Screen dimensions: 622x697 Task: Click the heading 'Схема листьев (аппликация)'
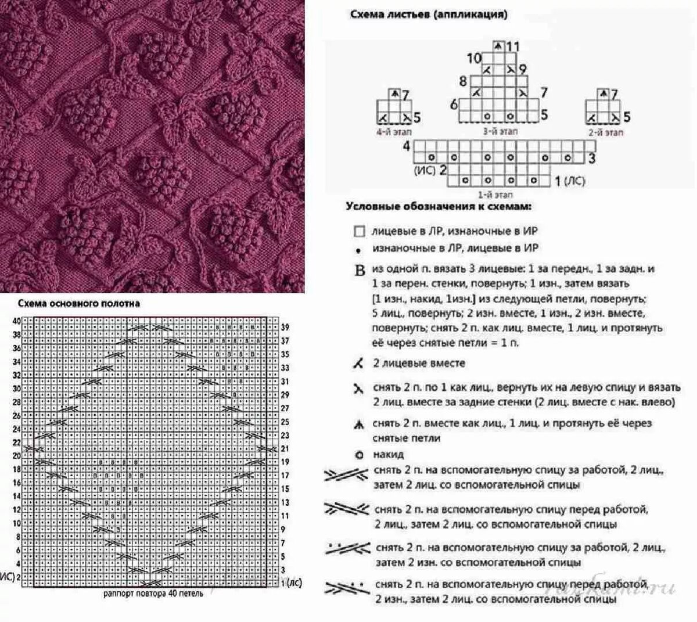(x=428, y=15)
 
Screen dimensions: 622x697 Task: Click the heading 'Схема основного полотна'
(x=78, y=303)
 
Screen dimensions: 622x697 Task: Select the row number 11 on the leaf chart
(x=512, y=46)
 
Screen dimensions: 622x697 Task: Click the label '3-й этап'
(x=500, y=131)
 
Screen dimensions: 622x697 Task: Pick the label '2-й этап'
(x=606, y=132)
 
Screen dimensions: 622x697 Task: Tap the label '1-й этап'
(x=495, y=195)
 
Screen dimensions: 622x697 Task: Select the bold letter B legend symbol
(x=360, y=271)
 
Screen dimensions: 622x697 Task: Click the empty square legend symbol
(x=359, y=232)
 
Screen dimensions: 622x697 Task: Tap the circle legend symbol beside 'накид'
(x=359, y=455)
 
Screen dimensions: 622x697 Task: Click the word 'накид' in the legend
(x=389, y=454)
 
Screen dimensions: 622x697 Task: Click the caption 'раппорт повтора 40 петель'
(x=153, y=594)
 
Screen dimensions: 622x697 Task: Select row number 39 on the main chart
(x=285, y=327)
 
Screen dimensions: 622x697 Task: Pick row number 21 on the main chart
(x=285, y=448)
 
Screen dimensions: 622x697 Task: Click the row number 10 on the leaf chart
(x=475, y=58)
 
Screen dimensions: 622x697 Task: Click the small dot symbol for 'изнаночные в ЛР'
(x=359, y=250)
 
